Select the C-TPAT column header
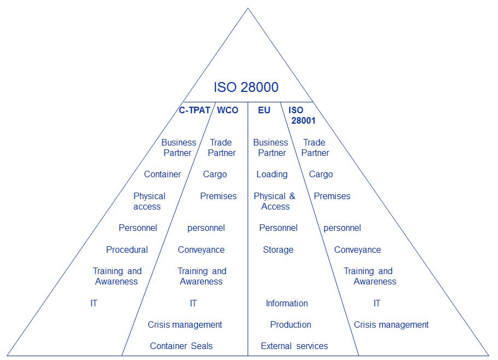coord(194,110)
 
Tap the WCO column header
coord(227,110)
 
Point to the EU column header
coord(264,110)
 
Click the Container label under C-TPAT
coord(162,175)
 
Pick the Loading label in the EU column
coord(272,175)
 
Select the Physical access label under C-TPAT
coord(149,201)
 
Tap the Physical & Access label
coord(274,201)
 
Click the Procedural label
coord(127,250)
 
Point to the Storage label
coord(278,250)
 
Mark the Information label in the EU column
coord(286,304)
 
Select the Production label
coord(290,325)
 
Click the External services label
coord(294,346)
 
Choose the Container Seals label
coord(181,346)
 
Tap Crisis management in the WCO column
coord(185,325)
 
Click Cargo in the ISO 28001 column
coord(320,175)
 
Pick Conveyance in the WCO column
coord(201,250)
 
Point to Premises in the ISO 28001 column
coord(332,196)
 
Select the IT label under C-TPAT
coord(94,304)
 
